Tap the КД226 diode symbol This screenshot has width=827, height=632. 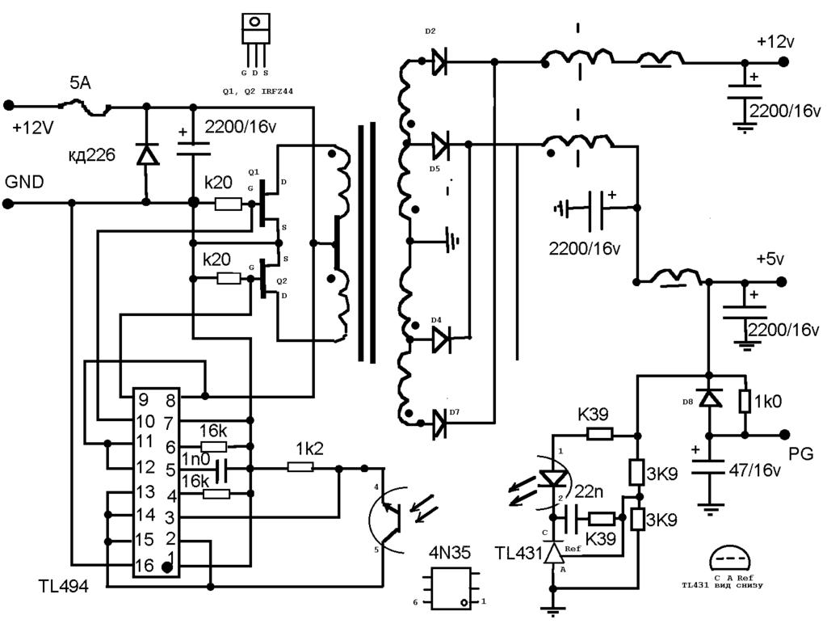tap(147, 154)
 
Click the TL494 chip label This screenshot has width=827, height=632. tap(63, 586)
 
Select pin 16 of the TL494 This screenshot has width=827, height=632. tap(144, 566)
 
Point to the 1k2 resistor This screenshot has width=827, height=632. tap(300, 467)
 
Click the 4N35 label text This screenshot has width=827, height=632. tap(449, 554)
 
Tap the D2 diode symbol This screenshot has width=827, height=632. tap(439, 61)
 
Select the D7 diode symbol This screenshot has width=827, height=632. tap(439, 423)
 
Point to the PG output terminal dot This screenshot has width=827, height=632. tap(784, 435)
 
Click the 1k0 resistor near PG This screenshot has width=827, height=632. tap(745, 402)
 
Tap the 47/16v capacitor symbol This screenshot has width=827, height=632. tap(709, 467)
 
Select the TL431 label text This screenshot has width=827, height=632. tap(518, 553)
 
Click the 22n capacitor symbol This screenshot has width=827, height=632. tap(571, 518)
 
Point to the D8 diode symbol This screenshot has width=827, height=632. tap(709, 398)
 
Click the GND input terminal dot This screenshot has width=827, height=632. tap(8, 204)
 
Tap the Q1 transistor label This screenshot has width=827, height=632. tap(253, 172)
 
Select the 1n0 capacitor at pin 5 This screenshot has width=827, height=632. tap(221, 469)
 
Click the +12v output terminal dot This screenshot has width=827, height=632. tap(783, 61)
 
